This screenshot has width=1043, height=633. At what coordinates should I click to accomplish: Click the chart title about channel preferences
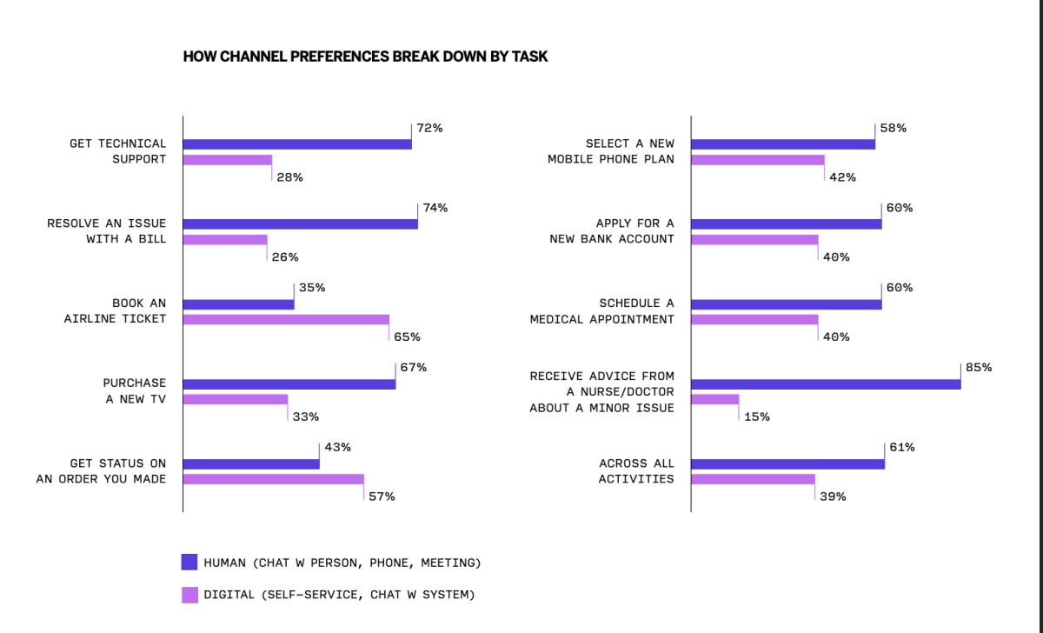click(x=365, y=57)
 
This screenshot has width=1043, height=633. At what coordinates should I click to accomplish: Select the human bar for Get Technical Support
click(x=296, y=144)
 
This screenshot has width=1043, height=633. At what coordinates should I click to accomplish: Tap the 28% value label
click(x=289, y=177)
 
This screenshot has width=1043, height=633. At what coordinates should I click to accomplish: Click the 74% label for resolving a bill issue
click(x=435, y=208)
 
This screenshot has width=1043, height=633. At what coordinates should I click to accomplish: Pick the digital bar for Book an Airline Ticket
click(x=286, y=320)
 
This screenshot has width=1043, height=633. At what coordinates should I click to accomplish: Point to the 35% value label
click(x=312, y=288)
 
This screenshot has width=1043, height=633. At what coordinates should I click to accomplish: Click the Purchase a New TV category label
click(x=134, y=391)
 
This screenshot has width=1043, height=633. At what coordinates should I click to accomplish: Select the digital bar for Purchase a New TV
click(x=235, y=400)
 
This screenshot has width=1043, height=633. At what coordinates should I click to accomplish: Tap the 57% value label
click(x=382, y=496)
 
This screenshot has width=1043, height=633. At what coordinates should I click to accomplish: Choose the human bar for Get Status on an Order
click(x=250, y=464)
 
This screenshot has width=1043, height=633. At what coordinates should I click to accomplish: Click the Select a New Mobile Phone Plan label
click(x=610, y=151)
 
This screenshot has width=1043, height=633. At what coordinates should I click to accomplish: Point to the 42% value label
click(x=842, y=177)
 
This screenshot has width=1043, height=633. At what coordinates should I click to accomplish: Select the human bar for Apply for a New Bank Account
click(x=786, y=224)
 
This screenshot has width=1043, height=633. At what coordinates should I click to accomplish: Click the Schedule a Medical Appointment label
click(x=601, y=311)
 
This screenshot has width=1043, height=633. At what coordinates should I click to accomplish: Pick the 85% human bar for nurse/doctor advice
click(x=826, y=384)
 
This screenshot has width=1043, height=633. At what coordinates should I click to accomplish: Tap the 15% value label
click(x=756, y=416)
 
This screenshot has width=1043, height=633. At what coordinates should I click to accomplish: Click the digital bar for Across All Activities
click(x=753, y=480)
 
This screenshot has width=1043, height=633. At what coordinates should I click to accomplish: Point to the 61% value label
click(x=900, y=448)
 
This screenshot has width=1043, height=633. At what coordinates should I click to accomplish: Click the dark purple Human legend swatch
click(x=189, y=563)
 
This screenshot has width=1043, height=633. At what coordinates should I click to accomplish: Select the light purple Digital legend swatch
click(x=189, y=595)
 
